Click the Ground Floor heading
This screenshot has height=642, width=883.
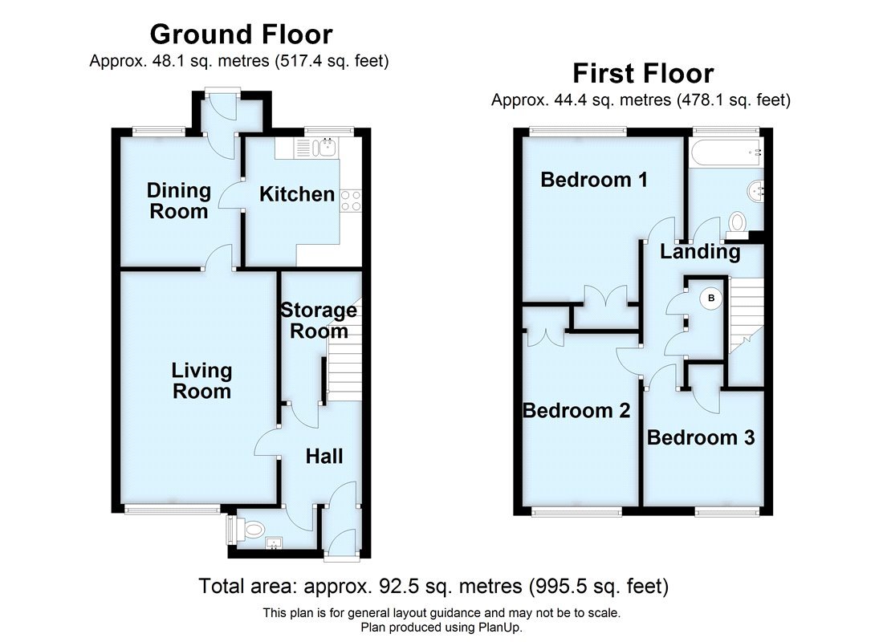pyautogui.click(x=241, y=35)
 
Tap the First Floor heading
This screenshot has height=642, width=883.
pyautogui.click(x=642, y=74)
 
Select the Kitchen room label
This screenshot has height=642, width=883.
pyautogui.click(x=297, y=194)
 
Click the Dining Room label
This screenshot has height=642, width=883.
pyautogui.click(x=178, y=201)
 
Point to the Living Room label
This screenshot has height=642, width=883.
pyautogui.click(x=201, y=381)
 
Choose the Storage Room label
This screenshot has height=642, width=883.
pyautogui.click(x=319, y=320)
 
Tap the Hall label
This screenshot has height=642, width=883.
pyautogui.click(x=324, y=457)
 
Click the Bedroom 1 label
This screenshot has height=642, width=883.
pyautogui.click(x=594, y=180)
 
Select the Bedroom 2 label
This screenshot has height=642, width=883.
pyautogui.click(x=576, y=411)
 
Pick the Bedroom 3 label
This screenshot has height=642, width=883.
pyautogui.click(x=701, y=438)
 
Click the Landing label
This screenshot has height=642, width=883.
pyautogui.click(x=700, y=252)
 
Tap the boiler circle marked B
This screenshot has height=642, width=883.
pyautogui.click(x=710, y=299)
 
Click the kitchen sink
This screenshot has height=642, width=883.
pyautogui.click(x=326, y=147)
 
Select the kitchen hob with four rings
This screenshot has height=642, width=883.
pyautogui.click(x=350, y=201)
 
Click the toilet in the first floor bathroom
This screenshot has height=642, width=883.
pyautogui.click(x=737, y=221)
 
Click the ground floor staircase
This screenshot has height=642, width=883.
pyautogui.click(x=344, y=361)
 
